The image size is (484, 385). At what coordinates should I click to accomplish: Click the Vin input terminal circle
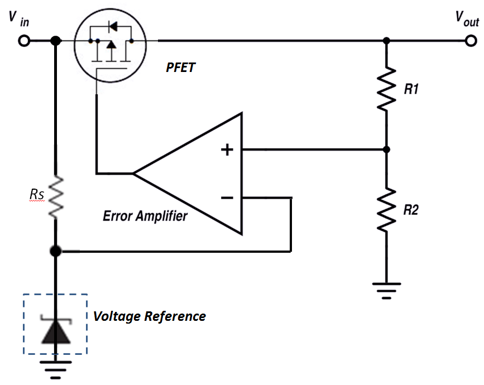pyautogui.click(x=24, y=41)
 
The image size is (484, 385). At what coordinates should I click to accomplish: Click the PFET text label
pyautogui.click(x=180, y=68)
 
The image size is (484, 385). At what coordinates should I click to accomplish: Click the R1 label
pyautogui.click(x=411, y=89)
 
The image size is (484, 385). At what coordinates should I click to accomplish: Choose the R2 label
pyautogui.click(x=412, y=210)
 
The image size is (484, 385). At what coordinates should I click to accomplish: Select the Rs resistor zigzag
pyautogui.click(x=56, y=197)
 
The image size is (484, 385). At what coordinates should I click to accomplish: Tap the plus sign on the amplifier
pyautogui.click(x=227, y=150)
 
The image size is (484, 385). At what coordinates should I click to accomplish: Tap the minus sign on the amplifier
pyautogui.click(x=227, y=198)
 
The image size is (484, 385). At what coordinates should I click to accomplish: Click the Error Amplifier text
pyautogui.click(x=145, y=216)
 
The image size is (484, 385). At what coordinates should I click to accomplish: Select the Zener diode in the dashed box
pyautogui.click(x=56, y=328)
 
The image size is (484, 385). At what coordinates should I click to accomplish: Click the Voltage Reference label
pyautogui.click(x=150, y=316)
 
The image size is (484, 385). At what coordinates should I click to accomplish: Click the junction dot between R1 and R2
pyautogui.click(x=386, y=150)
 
